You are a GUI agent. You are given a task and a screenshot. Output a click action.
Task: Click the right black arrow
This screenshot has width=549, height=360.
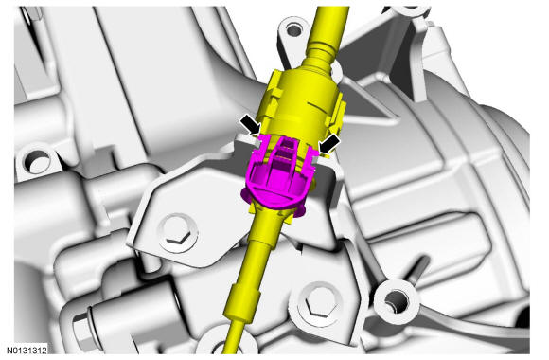[329, 143]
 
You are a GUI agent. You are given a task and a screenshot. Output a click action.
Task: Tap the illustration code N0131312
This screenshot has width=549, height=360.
[27, 351]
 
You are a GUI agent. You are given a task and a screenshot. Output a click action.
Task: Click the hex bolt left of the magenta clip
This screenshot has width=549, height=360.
[178, 232]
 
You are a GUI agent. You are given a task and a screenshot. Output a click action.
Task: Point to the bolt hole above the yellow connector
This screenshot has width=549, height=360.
[293, 30]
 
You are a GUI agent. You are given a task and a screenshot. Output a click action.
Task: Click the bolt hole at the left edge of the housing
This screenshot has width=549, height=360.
[37, 162]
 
